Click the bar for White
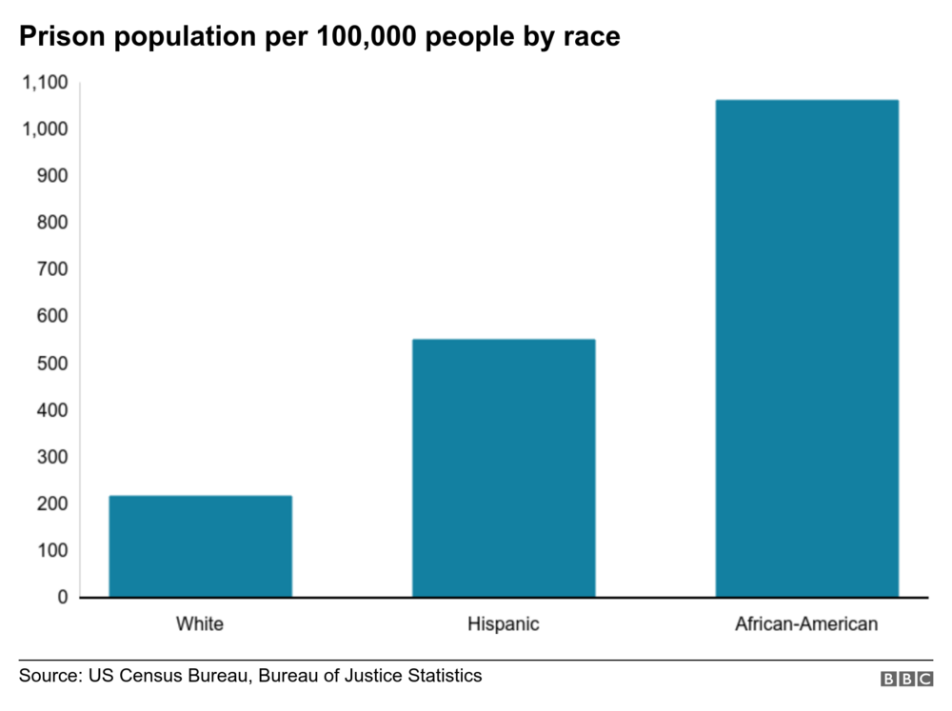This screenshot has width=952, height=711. pos(200,546)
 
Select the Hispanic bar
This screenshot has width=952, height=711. pos(504,468)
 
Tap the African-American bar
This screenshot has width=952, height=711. pos(806,348)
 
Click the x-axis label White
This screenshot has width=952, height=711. pos(200,625)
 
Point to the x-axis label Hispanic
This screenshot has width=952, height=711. pos(504,625)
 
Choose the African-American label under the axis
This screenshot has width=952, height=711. pos(806,625)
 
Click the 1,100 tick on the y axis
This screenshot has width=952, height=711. pos(46,83)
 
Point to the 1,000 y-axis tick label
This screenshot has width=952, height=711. pos(46,129)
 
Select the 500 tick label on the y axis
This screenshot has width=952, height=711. pos(52,364)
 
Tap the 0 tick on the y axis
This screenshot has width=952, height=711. pos(63,598)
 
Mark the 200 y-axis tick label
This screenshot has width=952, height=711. pos(52,504)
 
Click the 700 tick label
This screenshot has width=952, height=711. pos(52,269)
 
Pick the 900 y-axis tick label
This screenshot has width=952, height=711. pos(52,176)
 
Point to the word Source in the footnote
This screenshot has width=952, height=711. pos(50,676)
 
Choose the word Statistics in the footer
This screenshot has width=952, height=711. pos(441,676)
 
